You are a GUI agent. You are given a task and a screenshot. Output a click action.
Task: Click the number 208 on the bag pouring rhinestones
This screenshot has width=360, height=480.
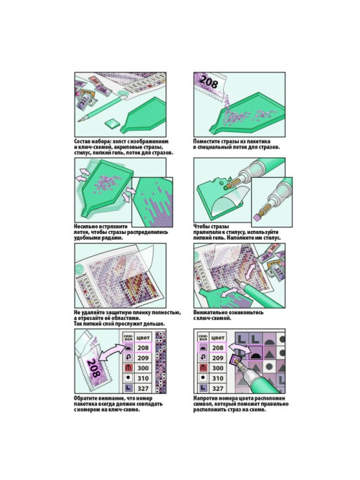[209, 82]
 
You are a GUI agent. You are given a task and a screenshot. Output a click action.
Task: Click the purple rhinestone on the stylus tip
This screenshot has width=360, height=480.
[256, 218]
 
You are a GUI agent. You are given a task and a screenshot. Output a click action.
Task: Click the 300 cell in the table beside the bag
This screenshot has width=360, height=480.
[143, 368]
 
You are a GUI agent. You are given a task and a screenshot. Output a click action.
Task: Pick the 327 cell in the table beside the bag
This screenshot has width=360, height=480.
[143, 388]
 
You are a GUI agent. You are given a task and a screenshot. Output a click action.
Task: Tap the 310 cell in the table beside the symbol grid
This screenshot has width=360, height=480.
[217, 378]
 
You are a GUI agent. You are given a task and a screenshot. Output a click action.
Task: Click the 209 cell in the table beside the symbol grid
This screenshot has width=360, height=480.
[217, 358]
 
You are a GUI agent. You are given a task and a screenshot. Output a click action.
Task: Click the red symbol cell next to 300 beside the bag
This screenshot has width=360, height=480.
[128, 368]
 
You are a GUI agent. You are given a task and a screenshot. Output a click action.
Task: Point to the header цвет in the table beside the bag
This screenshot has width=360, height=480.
[143, 338]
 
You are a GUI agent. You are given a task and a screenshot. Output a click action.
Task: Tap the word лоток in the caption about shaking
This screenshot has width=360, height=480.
[81, 232]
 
